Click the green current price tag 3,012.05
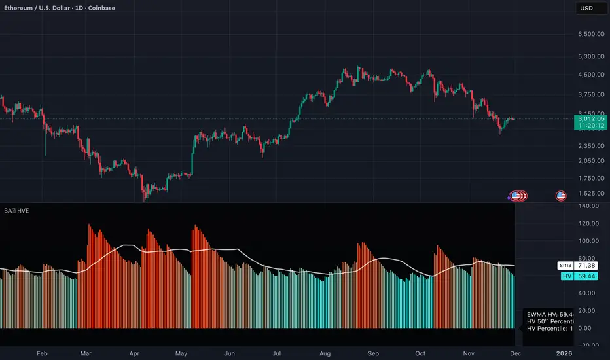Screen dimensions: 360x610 [x=588, y=119]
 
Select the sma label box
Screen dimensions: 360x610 [x=563, y=266]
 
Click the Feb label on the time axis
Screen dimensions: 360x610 [x=43, y=353]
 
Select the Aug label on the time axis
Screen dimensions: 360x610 [x=325, y=353]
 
